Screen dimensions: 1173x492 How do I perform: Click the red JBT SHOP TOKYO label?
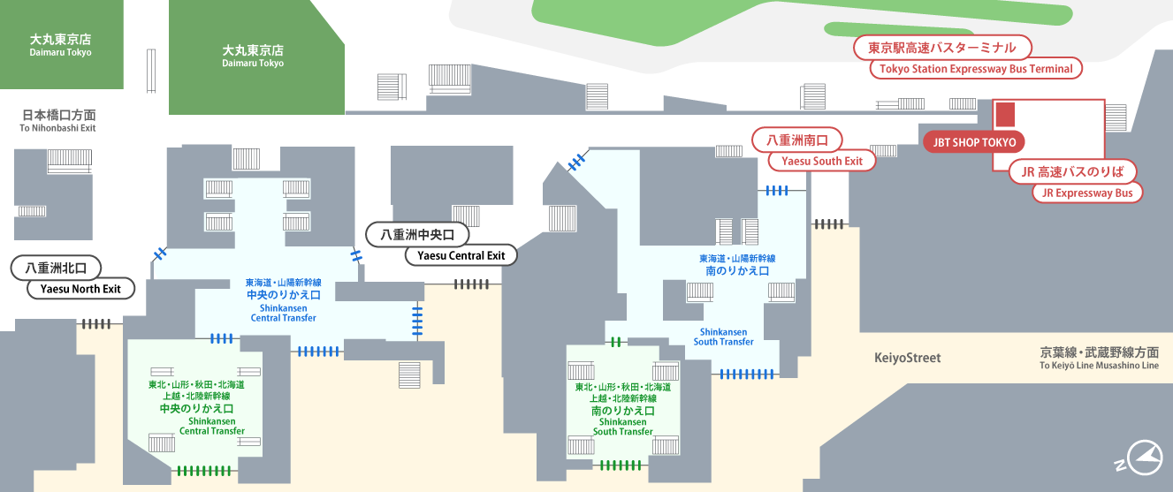(x=973, y=142)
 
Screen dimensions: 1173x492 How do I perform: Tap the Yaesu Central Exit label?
(x=461, y=255)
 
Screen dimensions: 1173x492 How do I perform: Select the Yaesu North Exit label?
(x=80, y=288)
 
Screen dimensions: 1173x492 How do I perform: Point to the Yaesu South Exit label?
(x=821, y=161)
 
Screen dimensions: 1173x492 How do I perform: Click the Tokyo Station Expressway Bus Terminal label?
(x=976, y=69)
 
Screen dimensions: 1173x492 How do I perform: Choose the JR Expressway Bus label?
(x=1087, y=193)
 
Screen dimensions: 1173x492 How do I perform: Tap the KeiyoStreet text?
(x=908, y=358)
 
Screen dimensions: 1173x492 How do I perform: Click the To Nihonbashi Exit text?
(x=57, y=128)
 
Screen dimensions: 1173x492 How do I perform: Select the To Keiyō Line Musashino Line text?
(x=1099, y=366)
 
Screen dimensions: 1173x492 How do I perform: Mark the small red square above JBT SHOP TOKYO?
(x=1005, y=115)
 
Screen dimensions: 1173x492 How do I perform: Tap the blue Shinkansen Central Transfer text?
(x=283, y=313)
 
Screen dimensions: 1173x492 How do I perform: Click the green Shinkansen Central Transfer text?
(x=212, y=426)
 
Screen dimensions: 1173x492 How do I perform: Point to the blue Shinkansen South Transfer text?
(x=724, y=337)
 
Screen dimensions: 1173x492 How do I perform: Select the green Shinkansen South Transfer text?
(x=622, y=427)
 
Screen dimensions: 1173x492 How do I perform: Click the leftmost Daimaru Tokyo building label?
(x=60, y=45)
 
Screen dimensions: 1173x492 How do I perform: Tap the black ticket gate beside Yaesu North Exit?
(x=96, y=324)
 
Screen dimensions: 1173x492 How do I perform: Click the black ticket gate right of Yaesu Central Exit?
(x=471, y=284)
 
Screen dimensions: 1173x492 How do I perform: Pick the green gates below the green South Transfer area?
(x=621, y=465)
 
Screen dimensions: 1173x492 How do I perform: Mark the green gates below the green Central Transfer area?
(x=203, y=471)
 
